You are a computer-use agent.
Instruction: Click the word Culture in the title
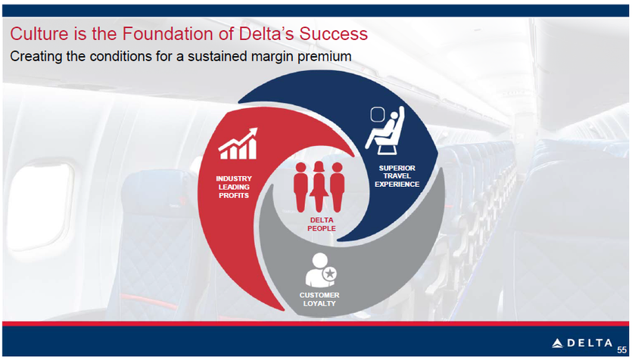click(x=39, y=33)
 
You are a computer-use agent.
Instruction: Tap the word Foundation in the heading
click(x=169, y=33)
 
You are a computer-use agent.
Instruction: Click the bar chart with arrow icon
click(x=238, y=144)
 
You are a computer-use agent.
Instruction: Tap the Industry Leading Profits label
click(x=234, y=187)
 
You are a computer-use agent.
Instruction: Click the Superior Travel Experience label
click(x=397, y=176)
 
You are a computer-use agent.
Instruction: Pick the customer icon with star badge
click(x=321, y=270)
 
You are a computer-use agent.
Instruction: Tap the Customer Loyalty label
click(x=319, y=299)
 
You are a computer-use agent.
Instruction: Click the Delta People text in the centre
click(x=321, y=225)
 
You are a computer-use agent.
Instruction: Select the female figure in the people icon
click(x=319, y=186)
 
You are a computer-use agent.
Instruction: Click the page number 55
click(x=621, y=350)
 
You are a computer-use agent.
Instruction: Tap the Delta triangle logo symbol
click(x=557, y=343)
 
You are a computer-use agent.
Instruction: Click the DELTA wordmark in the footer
click(x=590, y=343)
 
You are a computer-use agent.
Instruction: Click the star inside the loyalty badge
click(x=330, y=274)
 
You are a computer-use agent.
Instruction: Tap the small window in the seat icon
click(x=376, y=114)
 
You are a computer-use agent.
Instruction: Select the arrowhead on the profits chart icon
click(x=252, y=132)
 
